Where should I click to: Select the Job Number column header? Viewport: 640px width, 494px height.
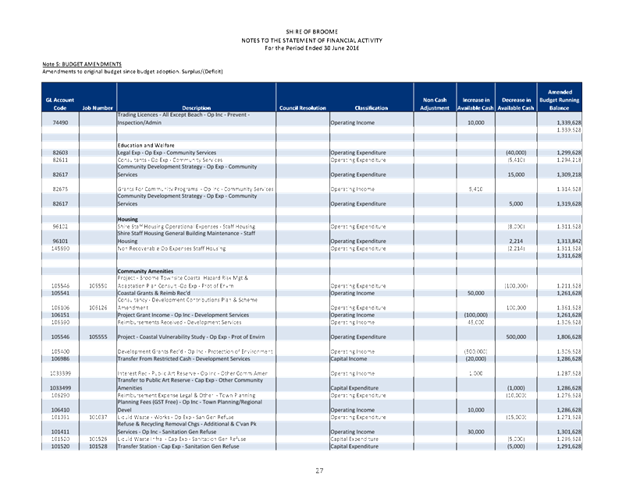tap(98, 108)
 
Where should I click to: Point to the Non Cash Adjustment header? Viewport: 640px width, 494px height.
tap(435, 104)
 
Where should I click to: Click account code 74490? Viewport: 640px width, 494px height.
tap(60, 123)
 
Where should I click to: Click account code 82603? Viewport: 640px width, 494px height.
tap(60, 152)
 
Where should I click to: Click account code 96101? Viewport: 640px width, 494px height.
tap(60, 242)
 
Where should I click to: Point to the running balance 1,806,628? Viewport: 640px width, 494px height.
tap(564, 337)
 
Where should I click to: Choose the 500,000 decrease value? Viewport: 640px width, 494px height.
tap(514, 337)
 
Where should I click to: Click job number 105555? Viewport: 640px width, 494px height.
tap(98, 337)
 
